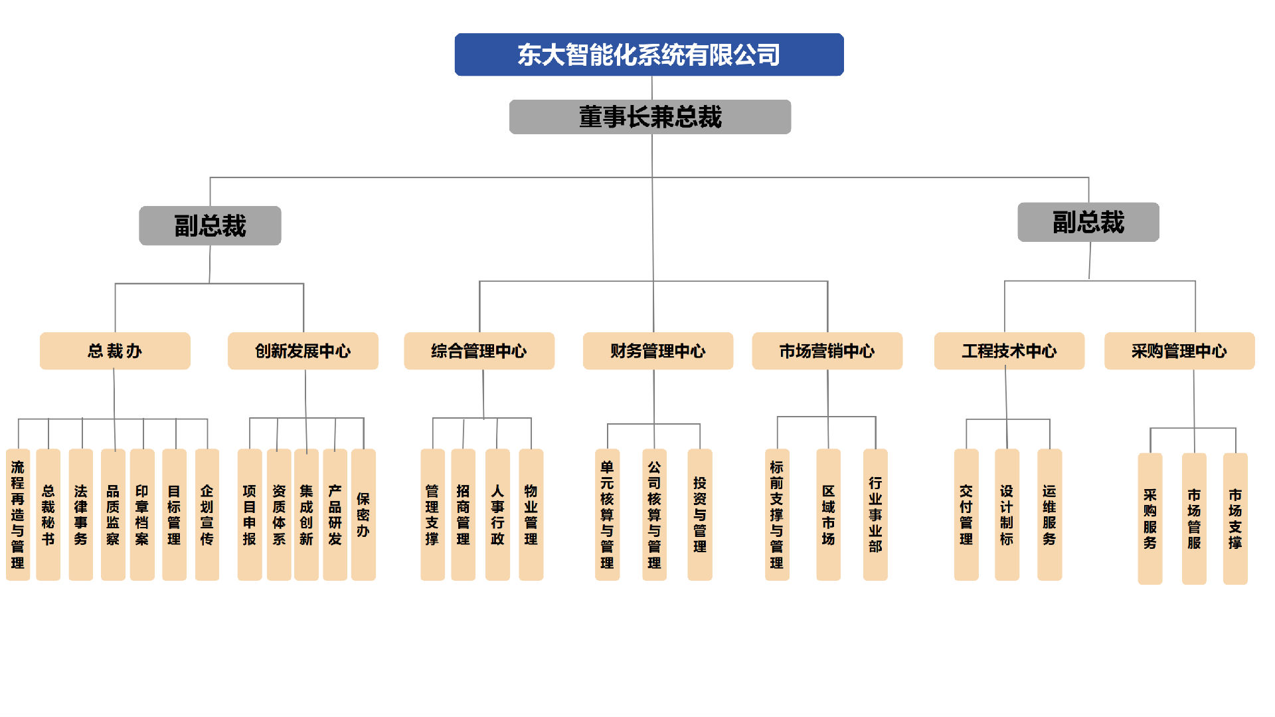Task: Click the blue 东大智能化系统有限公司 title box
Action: [x=649, y=54]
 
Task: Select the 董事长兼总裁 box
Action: [x=649, y=117]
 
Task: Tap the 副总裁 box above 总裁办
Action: [x=210, y=226]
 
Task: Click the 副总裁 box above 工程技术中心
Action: [x=1088, y=222]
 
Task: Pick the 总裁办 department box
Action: [x=115, y=351]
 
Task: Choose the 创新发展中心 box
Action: [x=303, y=351]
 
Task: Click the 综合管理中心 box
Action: [x=479, y=351]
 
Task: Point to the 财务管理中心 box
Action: [x=657, y=351]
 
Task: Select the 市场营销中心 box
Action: [x=827, y=351]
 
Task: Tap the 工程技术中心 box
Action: [x=1009, y=351]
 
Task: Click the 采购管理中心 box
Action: [x=1179, y=351]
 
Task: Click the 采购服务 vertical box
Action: [x=1150, y=519]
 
